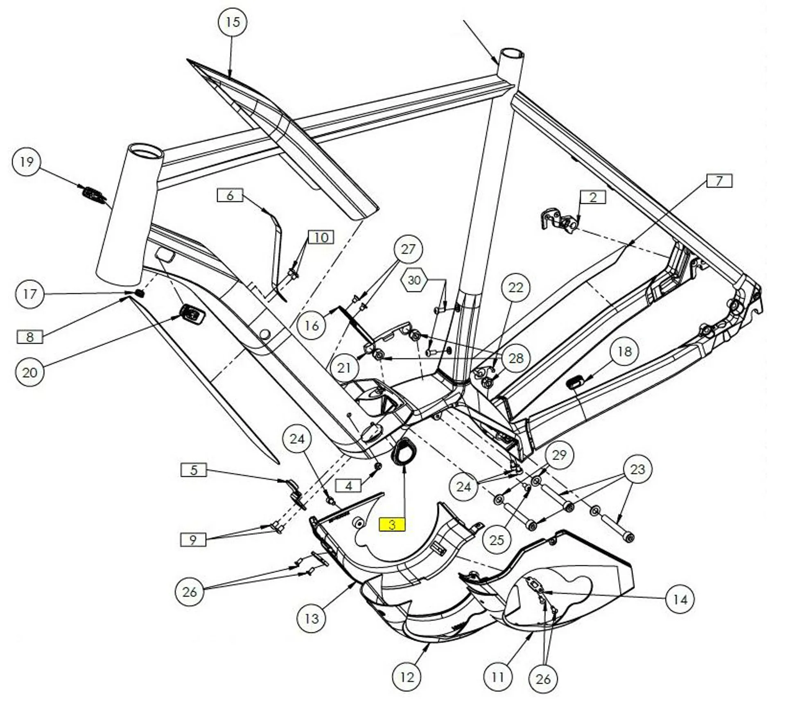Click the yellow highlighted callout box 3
coord(392,525)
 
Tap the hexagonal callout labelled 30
coord(414,280)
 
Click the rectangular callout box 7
coord(719,181)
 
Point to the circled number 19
coord(27,162)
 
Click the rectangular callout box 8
coord(29,337)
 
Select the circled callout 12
coord(407,677)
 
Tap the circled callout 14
coord(680,600)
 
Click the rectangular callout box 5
coord(194,470)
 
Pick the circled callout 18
coord(624,351)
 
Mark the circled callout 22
coord(515,287)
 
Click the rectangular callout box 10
coord(321,237)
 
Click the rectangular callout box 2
coord(593,197)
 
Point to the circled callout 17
coord(29,294)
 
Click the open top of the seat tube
coord(511,54)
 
